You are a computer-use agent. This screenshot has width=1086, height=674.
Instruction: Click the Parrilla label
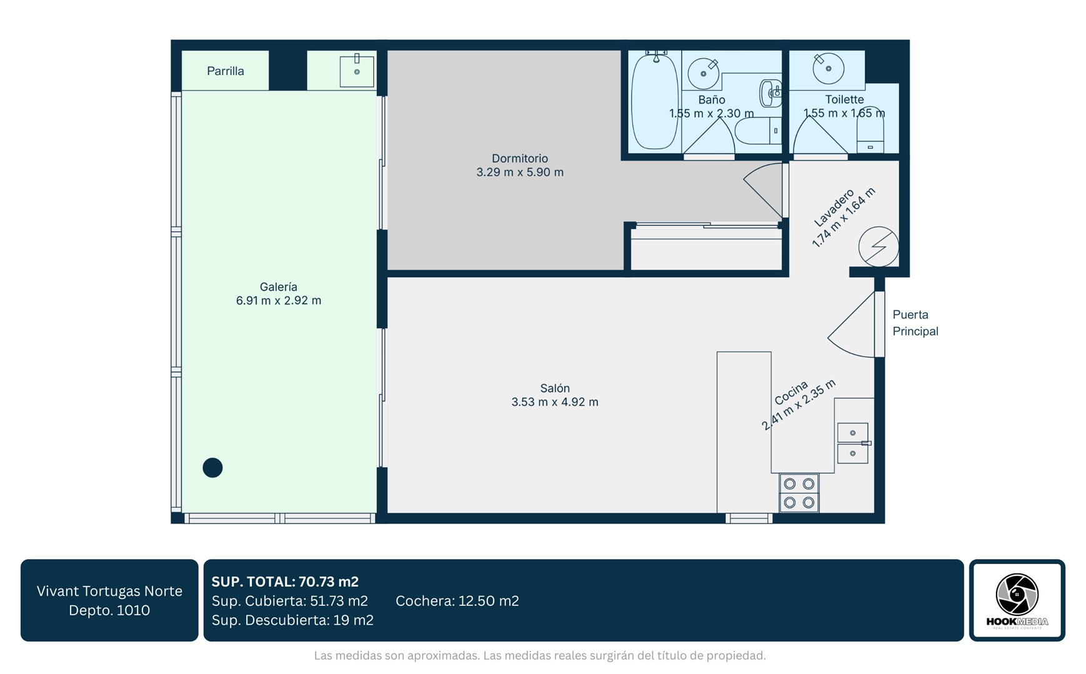tap(226, 71)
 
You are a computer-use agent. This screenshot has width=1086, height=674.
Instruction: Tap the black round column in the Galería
tap(212, 468)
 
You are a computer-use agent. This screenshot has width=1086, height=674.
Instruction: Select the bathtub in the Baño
tap(654, 101)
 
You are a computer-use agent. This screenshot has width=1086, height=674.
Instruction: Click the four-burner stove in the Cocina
tap(799, 493)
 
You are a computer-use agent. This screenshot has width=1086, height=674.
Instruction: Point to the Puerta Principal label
tap(915, 323)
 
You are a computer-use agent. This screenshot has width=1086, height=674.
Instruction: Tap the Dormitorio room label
tap(520, 159)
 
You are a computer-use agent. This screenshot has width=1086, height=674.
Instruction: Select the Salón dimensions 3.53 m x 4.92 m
tap(555, 402)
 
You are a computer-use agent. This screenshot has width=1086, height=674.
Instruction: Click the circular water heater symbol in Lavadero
tap(879, 247)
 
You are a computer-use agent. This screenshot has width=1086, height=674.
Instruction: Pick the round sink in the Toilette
tap(829, 68)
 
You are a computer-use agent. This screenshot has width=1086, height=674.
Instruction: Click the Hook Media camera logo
tap(1017, 594)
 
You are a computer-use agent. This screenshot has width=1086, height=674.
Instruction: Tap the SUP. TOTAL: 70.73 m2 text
tap(285, 582)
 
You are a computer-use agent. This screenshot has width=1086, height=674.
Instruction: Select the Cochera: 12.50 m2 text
tap(457, 601)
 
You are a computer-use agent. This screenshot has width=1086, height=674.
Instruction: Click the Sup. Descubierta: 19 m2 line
tap(292, 620)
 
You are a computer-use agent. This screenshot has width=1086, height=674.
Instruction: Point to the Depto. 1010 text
tap(109, 610)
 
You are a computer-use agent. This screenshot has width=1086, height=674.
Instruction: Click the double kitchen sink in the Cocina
tap(853, 444)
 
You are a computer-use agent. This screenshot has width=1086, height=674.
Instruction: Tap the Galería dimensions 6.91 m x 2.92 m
tap(279, 300)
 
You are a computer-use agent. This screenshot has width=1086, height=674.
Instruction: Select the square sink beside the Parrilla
tap(357, 71)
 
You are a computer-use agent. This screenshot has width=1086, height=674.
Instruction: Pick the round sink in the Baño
tap(704, 74)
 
